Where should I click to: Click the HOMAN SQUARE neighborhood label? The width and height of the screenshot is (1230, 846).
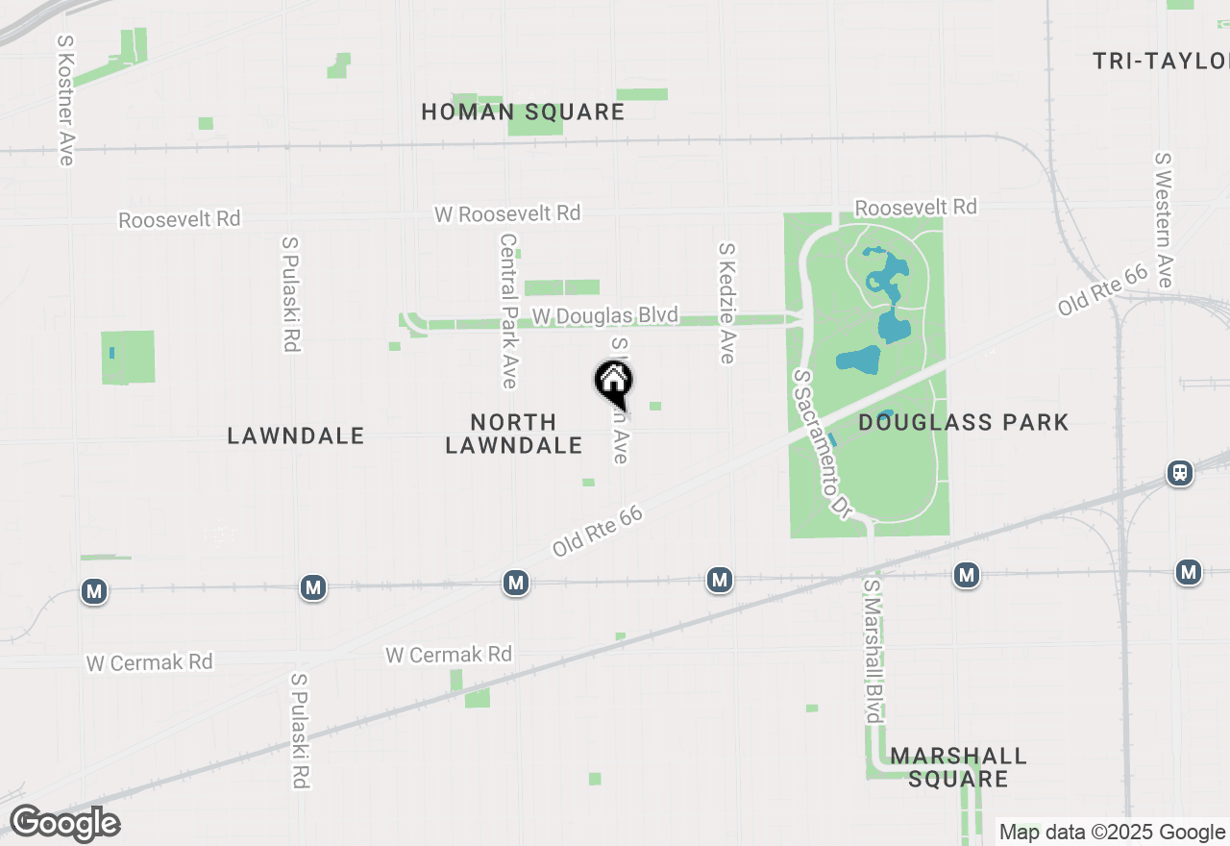523,112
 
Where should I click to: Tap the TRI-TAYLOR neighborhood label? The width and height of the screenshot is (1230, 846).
1161,62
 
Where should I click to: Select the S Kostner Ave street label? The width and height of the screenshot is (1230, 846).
65,101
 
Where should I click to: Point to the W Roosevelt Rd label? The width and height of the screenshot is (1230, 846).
507,212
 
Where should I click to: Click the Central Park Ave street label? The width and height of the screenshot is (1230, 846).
508,311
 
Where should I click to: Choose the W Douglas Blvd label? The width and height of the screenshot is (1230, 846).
604,315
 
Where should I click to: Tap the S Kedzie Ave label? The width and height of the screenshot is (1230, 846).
726,303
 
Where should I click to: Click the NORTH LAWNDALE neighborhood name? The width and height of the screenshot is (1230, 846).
513,434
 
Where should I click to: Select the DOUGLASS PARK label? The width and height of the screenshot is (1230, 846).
963,422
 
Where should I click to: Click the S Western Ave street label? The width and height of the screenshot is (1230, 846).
1165,220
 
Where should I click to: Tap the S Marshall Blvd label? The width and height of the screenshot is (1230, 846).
873,651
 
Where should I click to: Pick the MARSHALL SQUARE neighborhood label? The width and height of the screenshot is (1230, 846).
958,767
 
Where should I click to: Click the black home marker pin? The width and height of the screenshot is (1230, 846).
614,383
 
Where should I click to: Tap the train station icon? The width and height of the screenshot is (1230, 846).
1180,473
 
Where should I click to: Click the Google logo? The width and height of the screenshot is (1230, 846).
64,824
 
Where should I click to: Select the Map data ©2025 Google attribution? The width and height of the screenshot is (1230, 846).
1112,832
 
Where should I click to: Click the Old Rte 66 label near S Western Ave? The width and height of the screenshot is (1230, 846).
1103,289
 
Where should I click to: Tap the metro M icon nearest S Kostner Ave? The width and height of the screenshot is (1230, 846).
94,590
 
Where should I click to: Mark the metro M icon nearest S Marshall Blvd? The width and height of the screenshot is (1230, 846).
967,575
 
